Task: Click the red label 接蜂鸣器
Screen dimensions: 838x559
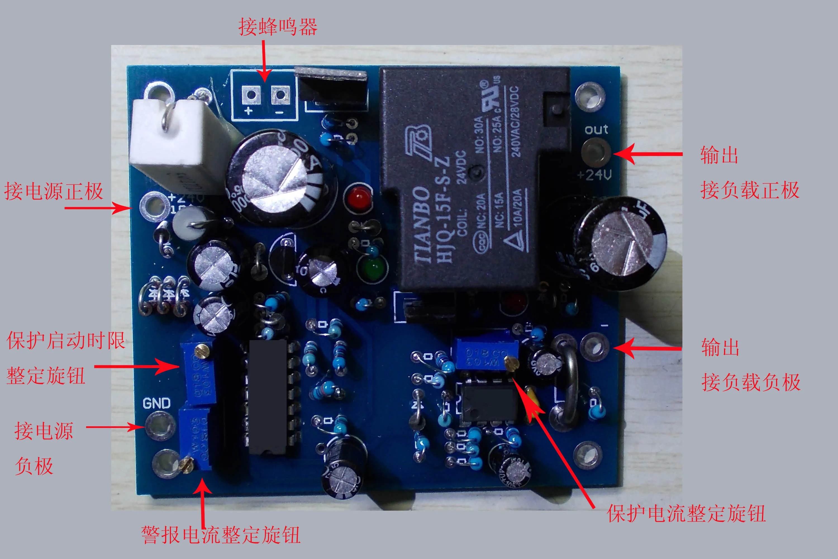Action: (278, 27)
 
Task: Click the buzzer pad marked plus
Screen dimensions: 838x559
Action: (251, 95)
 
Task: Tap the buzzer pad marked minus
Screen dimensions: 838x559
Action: (280, 95)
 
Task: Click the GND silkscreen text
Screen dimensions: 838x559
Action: (156, 404)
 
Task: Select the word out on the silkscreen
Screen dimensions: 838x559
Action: (596, 129)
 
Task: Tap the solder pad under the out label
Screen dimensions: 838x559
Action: (596, 152)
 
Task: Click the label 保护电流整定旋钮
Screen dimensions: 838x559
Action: (686, 514)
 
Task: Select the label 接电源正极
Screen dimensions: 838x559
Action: (53, 191)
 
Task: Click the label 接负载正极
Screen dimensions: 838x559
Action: (750, 190)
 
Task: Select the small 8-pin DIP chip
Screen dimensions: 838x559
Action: (488, 403)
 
